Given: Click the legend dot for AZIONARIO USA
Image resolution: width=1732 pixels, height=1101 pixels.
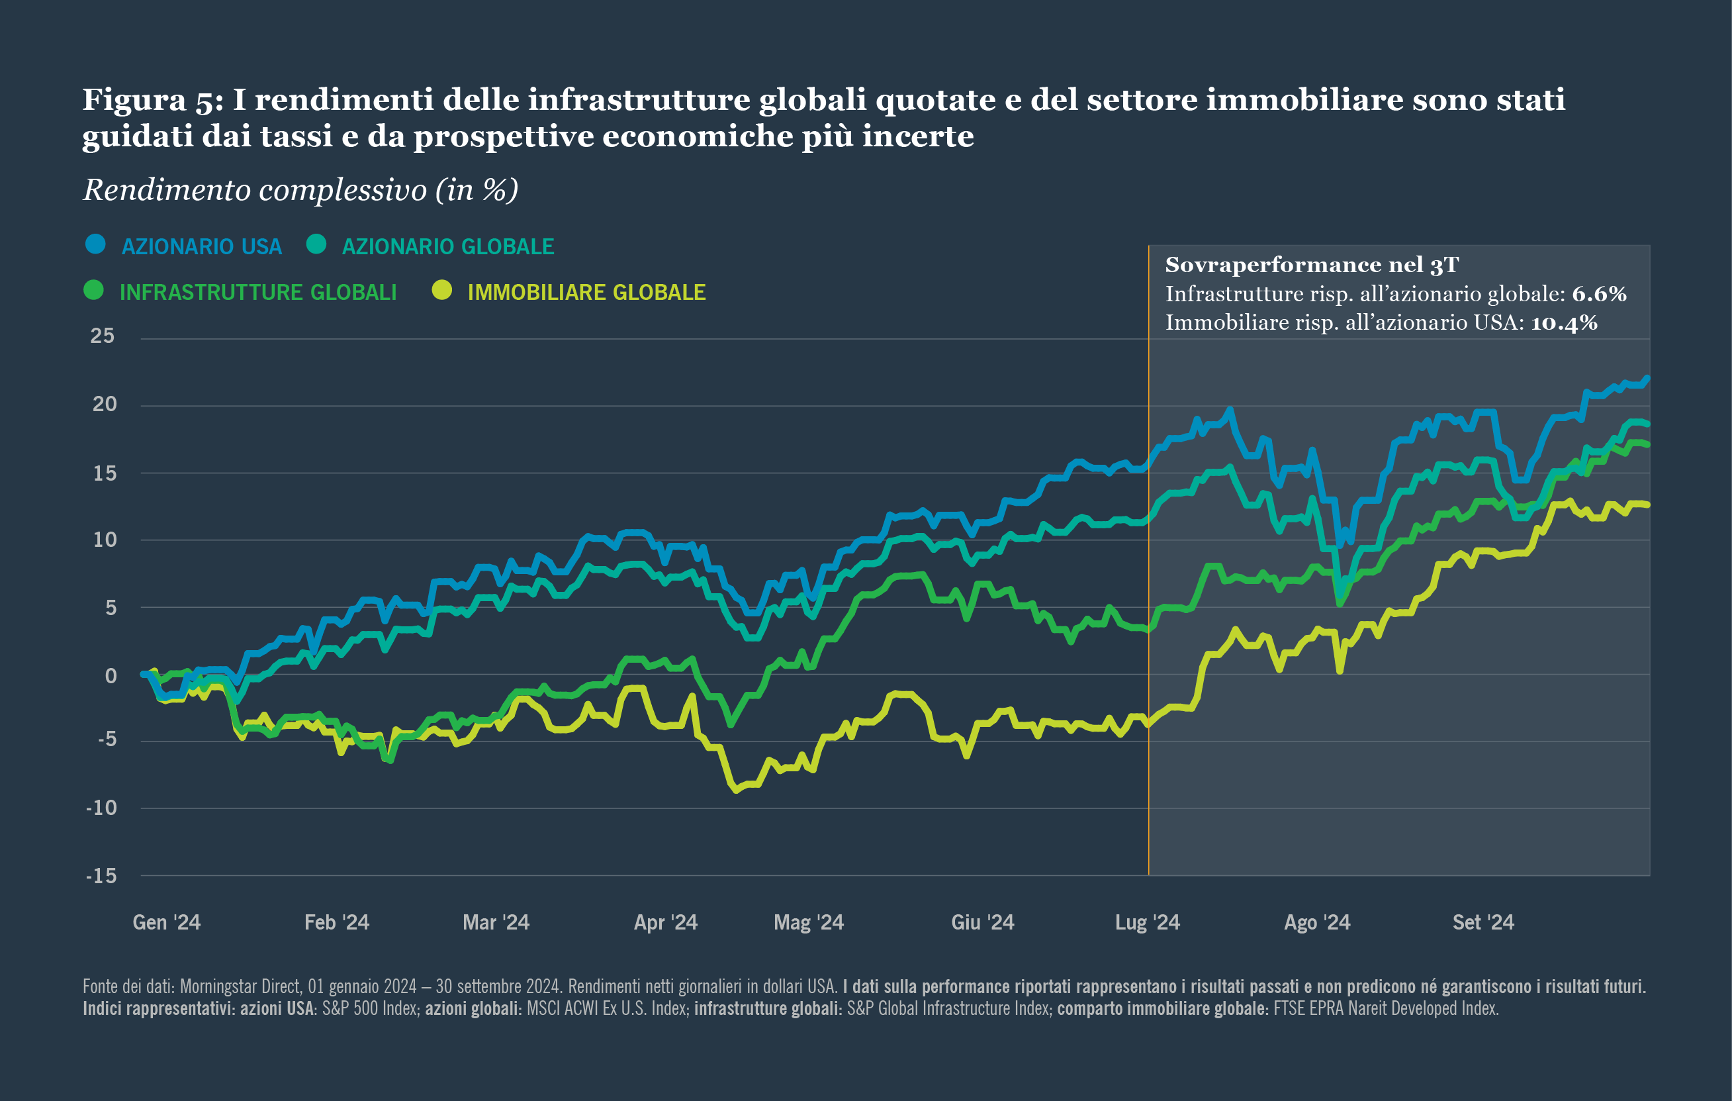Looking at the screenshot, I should pyautogui.click(x=95, y=245).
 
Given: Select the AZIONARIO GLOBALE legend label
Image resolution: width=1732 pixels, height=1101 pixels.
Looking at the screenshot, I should pyautogui.click(x=447, y=247).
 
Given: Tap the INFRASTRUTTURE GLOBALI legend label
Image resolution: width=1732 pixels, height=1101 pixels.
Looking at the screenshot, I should pyautogui.click(x=257, y=292).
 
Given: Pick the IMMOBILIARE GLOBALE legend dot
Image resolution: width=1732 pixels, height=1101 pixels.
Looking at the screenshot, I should pyautogui.click(x=441, y=290).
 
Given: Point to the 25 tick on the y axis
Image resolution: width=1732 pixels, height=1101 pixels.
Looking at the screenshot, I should pyautogui.click(x=102, y=336).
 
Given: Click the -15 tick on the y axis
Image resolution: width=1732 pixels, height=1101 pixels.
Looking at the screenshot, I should pyautogui.click(x=101, y=876).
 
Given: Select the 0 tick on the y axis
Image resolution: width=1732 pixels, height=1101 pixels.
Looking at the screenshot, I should pyautogui.click(x=111, y=676).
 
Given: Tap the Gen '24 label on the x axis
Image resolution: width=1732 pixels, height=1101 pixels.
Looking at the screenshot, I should pyautogui.click(x=166, y=922).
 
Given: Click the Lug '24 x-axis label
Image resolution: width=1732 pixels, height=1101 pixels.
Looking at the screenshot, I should pyautogui.click(x=1147, y=922).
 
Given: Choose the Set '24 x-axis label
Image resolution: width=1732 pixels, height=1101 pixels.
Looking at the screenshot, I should pyautogui.click(x=1483, y=922).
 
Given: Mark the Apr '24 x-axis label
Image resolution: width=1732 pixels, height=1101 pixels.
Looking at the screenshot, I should pyautogui.click(x=665, y=922).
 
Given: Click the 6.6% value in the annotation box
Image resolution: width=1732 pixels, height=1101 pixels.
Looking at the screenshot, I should pyautogui.click(x=1599, y=295).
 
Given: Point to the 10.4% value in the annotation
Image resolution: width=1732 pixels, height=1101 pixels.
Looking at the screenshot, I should pyautogui.click(x=1564, y=323).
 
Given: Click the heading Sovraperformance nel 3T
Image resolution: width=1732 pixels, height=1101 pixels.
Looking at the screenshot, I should pyautogui.click(x=1311, y=265).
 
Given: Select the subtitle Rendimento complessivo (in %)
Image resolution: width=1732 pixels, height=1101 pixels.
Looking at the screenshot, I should pyautogui.click(x=300, y=190).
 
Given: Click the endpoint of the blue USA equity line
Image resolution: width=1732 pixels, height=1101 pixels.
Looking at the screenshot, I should pyautogui.click(x=1648, y=378).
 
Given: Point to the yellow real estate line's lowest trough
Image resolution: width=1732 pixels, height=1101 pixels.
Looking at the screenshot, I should pyautogui.click(x=736, y=790).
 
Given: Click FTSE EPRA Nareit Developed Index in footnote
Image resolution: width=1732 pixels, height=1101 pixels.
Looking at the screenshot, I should pyautogui.click(x=1385, y=1008).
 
